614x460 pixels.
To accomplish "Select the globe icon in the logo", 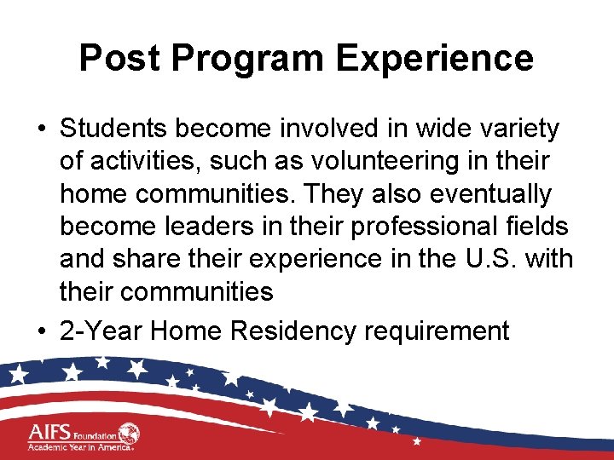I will tap(130, 434).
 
